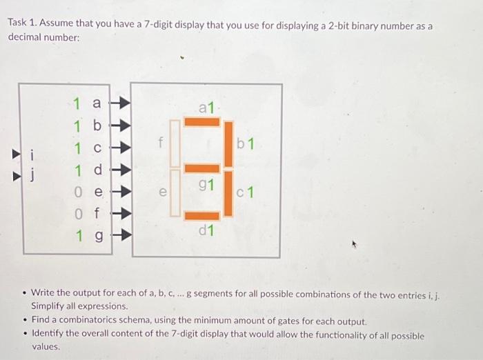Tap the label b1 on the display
point(246,144)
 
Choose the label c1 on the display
point(246,192)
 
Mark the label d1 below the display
point(206,230)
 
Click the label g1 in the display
point(206,184)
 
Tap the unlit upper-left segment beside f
point(175,143)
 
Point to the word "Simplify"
point(50,306)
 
